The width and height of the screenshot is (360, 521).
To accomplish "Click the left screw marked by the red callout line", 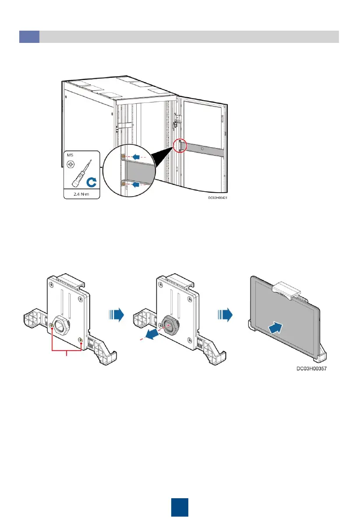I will pyautogui.click(x=52, y=325).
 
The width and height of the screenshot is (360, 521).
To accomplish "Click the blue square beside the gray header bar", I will pyautogui.click(x=29, y=37).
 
